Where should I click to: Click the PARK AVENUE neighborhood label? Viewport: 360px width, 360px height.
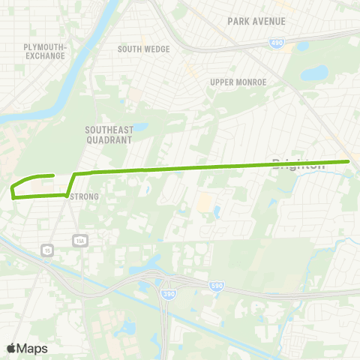pos(256,21)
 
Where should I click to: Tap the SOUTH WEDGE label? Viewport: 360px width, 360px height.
pos(144,49)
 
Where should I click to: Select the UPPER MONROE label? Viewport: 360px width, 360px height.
pos(238,82)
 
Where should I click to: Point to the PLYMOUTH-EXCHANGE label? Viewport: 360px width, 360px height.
pos(46,51)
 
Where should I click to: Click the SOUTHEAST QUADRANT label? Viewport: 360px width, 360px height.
pos(109,134)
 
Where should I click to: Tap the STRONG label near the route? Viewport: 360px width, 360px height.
pos(84,197)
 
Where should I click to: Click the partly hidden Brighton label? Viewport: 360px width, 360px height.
pos(299,166)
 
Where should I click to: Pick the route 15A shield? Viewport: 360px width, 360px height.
pos(79,240)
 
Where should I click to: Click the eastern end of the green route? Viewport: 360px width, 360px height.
pos(349,161)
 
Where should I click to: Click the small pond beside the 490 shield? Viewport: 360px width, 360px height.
pos(302,46)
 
